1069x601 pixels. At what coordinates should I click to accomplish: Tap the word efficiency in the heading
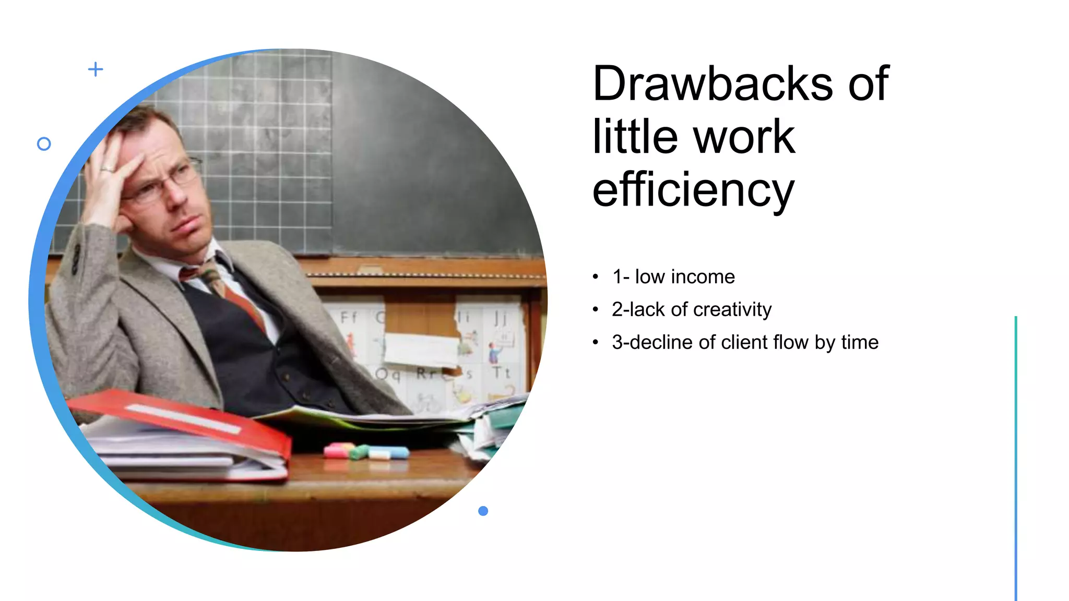point(693,190)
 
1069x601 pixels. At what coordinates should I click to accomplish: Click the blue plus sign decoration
point(96,69)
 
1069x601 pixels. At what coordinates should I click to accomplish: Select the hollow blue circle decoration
point(44,144)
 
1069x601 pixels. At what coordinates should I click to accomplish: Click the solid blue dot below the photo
point(483,511)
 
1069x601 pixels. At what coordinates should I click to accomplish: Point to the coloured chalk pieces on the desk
point(365,451)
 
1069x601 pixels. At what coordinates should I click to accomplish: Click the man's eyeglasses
point(162,183)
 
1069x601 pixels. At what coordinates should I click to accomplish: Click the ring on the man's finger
point(107,170)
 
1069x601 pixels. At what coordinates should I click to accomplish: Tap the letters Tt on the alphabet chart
point(501,372)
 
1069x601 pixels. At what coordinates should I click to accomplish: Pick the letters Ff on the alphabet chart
point(349,317)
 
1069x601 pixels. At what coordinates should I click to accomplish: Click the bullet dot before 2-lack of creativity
point(596,310)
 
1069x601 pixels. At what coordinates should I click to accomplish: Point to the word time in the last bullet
point(860,342)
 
